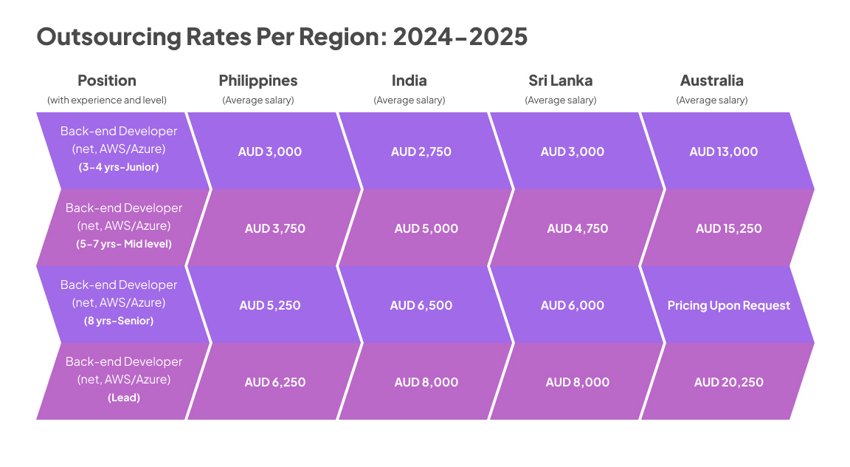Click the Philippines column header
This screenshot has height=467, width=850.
(258, 81)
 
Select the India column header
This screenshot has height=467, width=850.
(409, 81)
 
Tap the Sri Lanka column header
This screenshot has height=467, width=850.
(560, 81)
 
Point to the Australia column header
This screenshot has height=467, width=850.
(711, 81)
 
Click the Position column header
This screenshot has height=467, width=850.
(107, 81)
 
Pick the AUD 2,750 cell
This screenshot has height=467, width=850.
(421, 151)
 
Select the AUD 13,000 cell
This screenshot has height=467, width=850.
(723, 151)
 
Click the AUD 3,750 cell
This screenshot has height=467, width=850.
(274, 228)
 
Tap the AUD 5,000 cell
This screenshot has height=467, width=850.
(426, 228)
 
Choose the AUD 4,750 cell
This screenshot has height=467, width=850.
(577, 228)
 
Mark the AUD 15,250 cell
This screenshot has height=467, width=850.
(728, 228)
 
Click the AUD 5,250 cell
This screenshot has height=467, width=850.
(269, 305)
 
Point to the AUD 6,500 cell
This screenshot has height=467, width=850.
(421, 305)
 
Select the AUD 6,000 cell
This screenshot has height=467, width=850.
(572, 305)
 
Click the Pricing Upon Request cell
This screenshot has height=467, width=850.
(728, 305)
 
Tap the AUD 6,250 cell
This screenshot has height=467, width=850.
(274, 382)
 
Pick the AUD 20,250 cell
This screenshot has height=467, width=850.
(728, 382)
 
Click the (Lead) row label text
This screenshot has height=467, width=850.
(124, 398)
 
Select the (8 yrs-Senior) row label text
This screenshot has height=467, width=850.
(119, 321)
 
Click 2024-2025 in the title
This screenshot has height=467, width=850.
(460, 36)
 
